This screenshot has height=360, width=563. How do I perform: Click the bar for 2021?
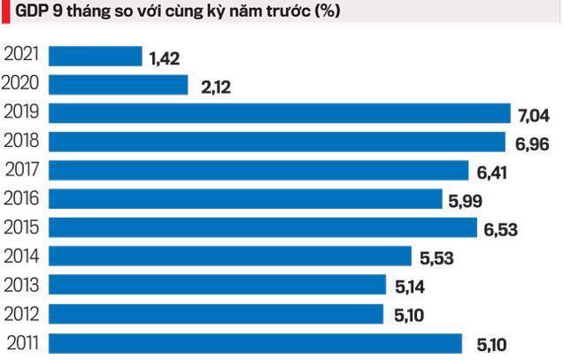point(95,57)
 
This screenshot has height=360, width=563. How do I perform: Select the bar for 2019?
point(280,113)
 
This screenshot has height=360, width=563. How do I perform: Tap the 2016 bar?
point(244,199)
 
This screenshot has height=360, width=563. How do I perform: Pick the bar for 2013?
point(217,285)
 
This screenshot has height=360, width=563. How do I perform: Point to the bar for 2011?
point(255,342)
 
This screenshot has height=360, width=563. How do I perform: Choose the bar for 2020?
point(118,85)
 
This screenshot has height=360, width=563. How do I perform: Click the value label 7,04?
point(535,116)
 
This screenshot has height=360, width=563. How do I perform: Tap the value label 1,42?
point(166,59)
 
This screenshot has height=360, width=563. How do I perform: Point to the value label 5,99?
point(466,202)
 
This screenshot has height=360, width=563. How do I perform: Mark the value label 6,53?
point(500,230)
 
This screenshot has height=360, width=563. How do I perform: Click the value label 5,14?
point(410,287)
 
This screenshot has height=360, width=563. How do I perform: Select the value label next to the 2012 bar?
point(407,316)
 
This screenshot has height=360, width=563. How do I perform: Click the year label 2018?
point(22,141)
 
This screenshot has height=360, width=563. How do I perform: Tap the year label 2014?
point(22,256)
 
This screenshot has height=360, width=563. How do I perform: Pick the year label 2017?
point(22,170)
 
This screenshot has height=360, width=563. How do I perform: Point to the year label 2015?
point(22,227)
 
